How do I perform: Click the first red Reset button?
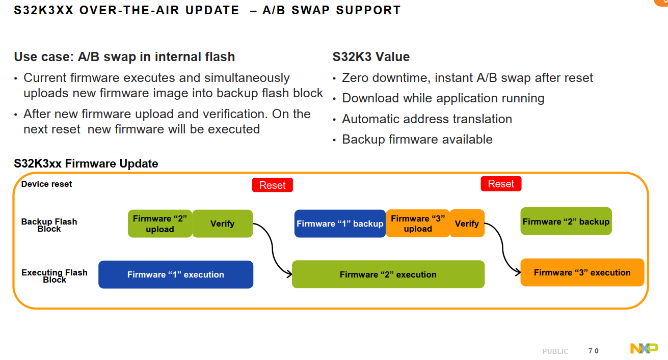pyautogui.click(x=272, y=185)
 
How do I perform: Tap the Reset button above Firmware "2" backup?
pyautogui.click(x=501, y=184)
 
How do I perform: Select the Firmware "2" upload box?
pyautogui.click(x=160, y=224)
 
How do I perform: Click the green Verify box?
pyautogui.click(x=223, y=224)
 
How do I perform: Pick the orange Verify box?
pyautogui.click(x=467, y=224)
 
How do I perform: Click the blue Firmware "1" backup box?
pyautogui.click(x=340, y=224)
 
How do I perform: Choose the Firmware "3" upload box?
pyautogui.click(x=418, y=224)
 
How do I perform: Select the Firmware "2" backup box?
pyautogui.click(x=566, y=221)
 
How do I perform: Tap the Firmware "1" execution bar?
pyautogui.click(x=176, y=274)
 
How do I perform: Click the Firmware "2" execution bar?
pyautogui.click(x=388, y=274)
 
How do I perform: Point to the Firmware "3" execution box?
pyautogui.click(x=582, y=272)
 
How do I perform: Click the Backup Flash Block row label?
pyautogui.click(x=49, y=225)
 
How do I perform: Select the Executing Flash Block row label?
pyautogui.click(x=54, y=276)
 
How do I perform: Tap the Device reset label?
pyautogui.click(x=46, y=184)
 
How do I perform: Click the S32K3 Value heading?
pyautogui.click(x=371, y=57)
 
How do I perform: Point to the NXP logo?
pyautogui.click(x=644, y=349)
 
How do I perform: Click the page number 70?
pyautogui.click(x=593, y=351)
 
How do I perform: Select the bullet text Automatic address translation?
pyautogui.click(x=426, y=119)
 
